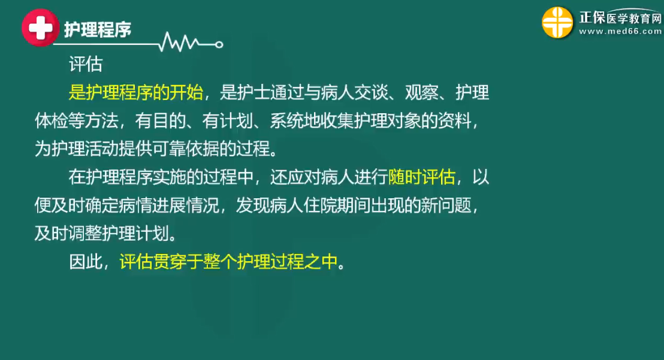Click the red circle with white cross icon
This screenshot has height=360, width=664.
[x=40, y=28]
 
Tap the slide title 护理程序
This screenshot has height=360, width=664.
[x=98, y=29]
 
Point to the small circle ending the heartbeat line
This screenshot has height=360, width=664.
[x=219, y=44]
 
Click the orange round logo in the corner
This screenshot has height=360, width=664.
[x=557, y=22]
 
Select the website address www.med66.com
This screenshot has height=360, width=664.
[x=620, y=31]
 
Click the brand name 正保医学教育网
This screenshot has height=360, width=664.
[x=620, y=17]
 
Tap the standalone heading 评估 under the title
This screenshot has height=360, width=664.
[x=86, y=64]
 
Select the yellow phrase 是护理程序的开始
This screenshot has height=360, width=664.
[x=136, y=93]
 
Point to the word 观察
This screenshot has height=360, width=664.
[x=422, y=93]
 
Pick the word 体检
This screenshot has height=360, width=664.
[x=52, y=121]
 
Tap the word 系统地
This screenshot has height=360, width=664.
[x=295, y=121]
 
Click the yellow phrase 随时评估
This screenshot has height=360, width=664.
[x=422, y=177]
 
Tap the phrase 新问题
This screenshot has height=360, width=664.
[x=446, y=205]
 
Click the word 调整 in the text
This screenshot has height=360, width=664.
[x=86, y=234]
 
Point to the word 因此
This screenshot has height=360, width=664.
[x=86, y=262]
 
